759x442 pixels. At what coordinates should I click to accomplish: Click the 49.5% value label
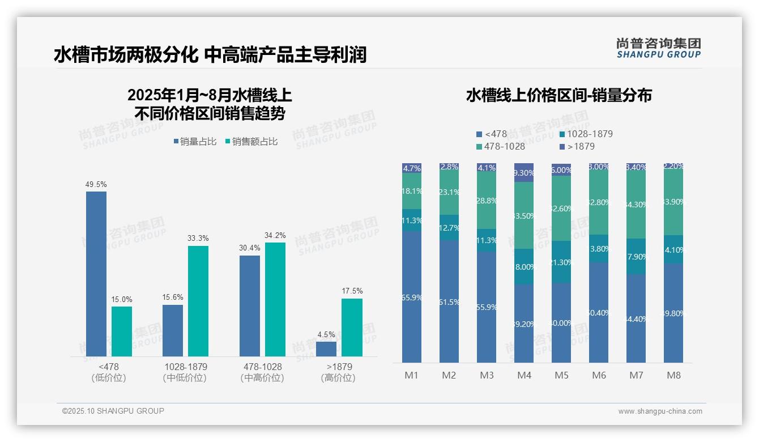96,185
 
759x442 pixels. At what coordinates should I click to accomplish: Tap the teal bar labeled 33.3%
198,301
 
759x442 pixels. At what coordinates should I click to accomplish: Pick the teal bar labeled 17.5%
352,328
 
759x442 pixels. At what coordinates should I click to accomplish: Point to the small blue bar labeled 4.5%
326,349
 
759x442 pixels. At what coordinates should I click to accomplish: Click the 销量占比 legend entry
195,142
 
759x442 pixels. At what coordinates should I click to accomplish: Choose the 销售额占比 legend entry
251,142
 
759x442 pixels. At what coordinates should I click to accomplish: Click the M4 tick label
524,375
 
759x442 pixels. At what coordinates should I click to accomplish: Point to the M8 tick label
673,375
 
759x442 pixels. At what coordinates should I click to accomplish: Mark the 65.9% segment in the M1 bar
412,296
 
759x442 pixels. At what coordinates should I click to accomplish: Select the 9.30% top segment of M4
524,172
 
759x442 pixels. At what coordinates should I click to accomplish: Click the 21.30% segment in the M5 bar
561,262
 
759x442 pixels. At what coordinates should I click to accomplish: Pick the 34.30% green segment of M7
636,204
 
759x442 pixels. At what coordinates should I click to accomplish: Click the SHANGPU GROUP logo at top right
659,48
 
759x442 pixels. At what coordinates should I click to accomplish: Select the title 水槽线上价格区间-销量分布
558,95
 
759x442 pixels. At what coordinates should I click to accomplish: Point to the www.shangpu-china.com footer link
660,411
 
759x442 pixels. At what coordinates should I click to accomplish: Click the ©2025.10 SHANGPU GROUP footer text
113,411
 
